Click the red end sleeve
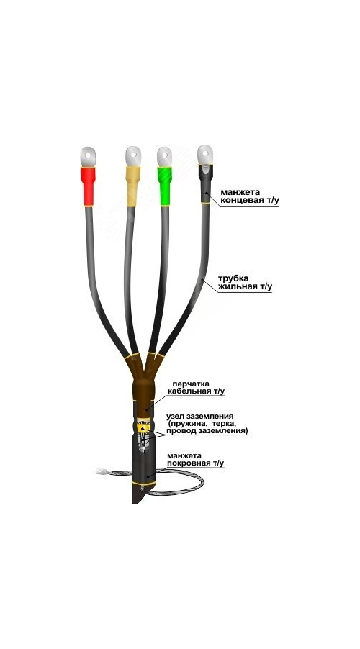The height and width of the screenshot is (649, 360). (x=87, y=186)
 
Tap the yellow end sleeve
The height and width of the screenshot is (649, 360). (x=132, y=186)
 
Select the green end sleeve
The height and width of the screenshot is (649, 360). (x=164, y=186)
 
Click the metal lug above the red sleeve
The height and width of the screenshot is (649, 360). (x=88, y=156)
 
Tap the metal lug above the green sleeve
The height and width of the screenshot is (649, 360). (x=164, y=156)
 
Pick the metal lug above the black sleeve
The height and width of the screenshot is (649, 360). (x=205, y=155)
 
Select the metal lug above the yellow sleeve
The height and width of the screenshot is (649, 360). (x=133, y=156)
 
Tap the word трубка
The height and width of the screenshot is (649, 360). (x=233, y=278)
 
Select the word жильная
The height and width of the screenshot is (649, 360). (x=238, y=286)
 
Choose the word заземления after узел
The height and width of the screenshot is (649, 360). (x=211, y=416)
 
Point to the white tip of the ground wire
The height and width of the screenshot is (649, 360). (x=99, y=471)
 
